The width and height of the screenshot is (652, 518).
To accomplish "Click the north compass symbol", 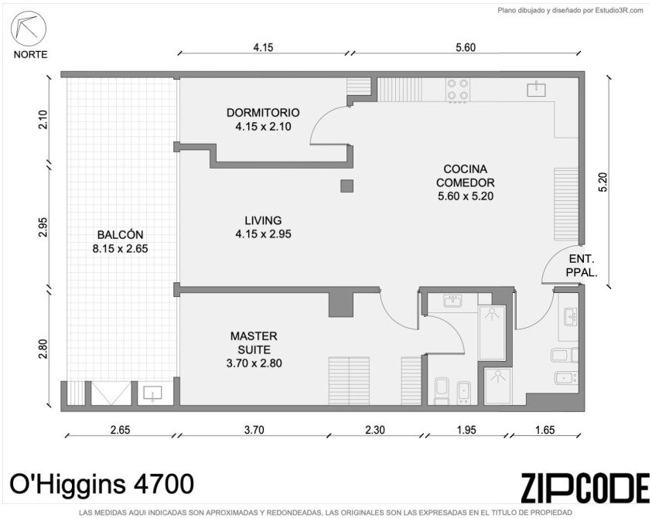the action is click(x=28, y=28).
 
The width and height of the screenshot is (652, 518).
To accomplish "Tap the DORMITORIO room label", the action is click(x=263, y=113).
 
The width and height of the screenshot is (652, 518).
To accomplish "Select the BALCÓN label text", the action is click(x=120, y=235).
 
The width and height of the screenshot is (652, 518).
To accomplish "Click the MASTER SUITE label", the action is click(x=254, y=342).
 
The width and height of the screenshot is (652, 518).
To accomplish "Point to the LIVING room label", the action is click(x=263, y=220).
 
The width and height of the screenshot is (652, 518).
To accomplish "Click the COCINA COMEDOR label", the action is click(x=466, y=176).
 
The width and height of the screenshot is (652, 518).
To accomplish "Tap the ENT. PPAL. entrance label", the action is click(x=582, y=266).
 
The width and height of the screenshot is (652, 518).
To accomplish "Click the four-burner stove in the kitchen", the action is click(x=457, y=90).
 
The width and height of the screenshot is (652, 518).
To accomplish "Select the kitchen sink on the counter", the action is click(x=537, y=90).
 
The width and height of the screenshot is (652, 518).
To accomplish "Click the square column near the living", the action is click(x=346, y=186).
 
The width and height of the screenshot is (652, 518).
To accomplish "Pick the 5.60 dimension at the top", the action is click(x=466, y=47).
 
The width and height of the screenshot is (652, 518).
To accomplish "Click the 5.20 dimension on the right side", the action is click(x=603, y=182).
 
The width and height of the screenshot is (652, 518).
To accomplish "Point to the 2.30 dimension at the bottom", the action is click(x=374, y=429).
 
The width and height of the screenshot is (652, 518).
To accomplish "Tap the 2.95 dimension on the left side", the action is click(x=43, y=227).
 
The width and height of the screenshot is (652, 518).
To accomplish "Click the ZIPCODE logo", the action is click(x=585, y=487).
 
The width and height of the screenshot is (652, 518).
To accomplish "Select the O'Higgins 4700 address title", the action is click(x=101, y=484).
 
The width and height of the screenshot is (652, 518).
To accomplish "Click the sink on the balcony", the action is click(x=152, y=393).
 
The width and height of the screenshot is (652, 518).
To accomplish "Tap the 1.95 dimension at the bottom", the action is click(x=466, y=429).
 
